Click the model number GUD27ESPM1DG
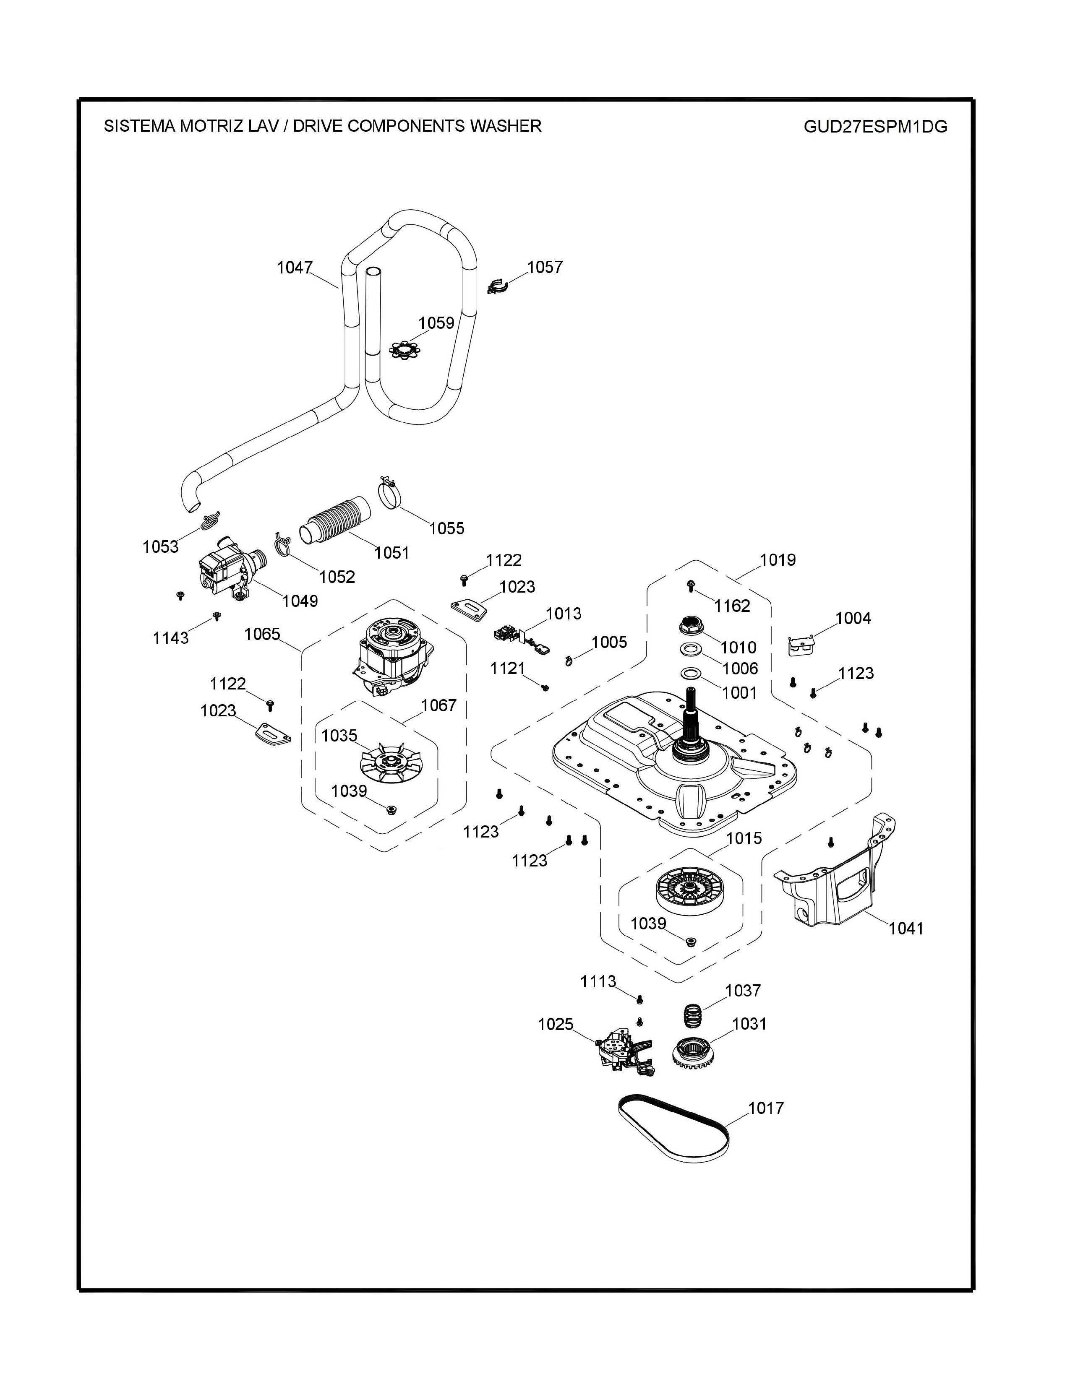875,127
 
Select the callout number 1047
294,268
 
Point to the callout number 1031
749,1024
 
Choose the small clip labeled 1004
801,645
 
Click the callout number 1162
732,606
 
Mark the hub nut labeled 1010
692,625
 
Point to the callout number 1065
262,634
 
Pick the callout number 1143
170,638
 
